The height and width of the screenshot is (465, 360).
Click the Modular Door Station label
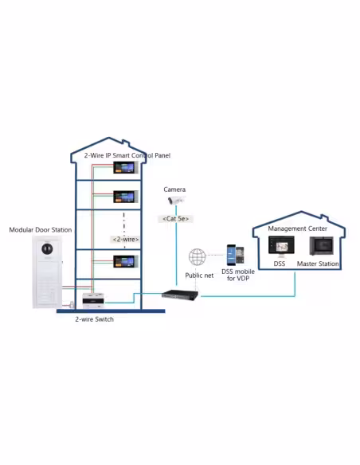coord(41,230)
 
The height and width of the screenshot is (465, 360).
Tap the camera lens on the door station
coord(47,248)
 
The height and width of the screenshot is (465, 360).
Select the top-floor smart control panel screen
coord(126,167)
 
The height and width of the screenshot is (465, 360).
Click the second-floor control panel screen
coord(126,197)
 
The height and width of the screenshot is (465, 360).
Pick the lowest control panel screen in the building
coord(126,261)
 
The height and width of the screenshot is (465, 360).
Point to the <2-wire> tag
coord(126,240)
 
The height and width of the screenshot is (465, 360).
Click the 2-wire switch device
coord(93,301)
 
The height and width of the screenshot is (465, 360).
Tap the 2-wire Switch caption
coord(94,319)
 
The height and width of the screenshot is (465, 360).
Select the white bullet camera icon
coord(176,201)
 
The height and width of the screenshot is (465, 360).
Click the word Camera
coord(174,190)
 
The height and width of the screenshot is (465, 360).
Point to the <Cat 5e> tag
coord(175,219)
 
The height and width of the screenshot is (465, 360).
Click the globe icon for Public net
coord(198,257)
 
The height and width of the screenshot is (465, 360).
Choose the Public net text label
coord(199,275)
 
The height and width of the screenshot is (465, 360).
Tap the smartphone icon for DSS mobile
coord(236,255)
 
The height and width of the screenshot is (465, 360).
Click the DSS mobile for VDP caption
coord(238,275)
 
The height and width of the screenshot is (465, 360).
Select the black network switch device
coord(180,295)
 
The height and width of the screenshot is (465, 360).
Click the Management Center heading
coord(297,229)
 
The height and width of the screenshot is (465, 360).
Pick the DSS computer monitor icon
coord(281,246)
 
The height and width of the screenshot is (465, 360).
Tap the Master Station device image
coord(321,246)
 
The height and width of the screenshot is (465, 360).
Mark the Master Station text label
coord(318,264)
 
